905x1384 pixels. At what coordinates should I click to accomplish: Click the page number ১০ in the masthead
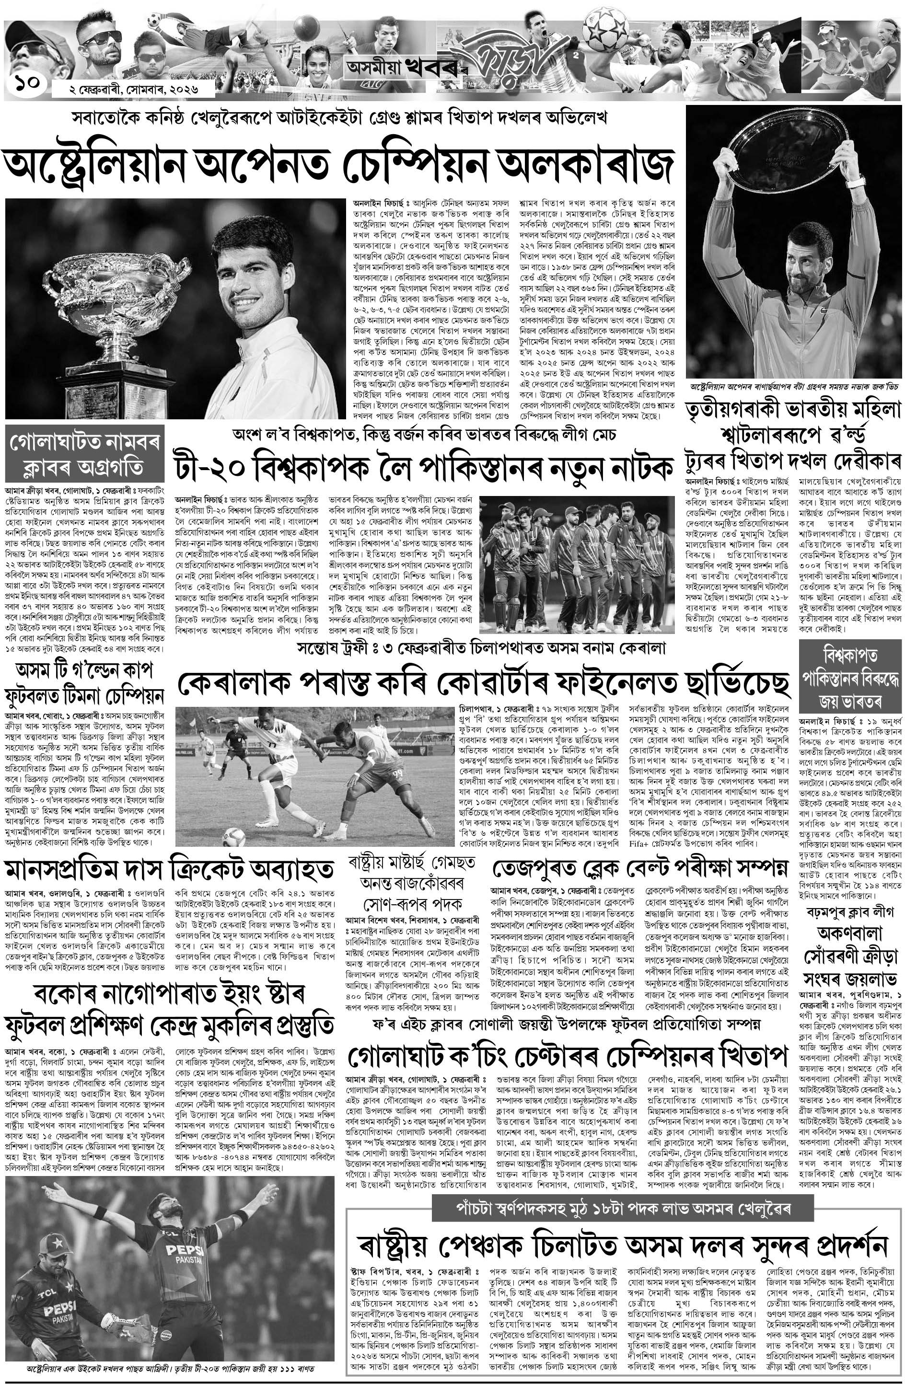(27, 84)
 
